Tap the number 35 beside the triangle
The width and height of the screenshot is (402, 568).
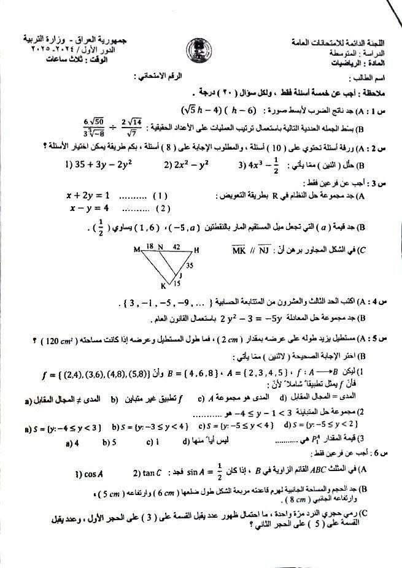point(189,266)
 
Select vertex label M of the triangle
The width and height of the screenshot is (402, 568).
point(137,250)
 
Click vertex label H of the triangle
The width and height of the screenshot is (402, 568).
point(196,250)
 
